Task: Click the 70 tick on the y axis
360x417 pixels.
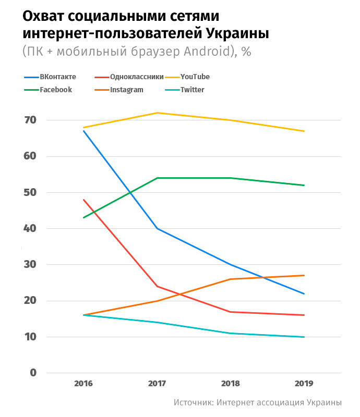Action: pyautogui.click(x=29, y=120)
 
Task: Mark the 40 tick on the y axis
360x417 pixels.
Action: pyautogui.click(x=29, y=229)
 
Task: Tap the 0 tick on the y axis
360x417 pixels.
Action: pyautogui.click(x=32, y=373)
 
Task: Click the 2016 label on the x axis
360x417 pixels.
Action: pyautogui.click(x=83, y=384)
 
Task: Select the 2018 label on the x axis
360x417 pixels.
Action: pyautogui.click(x=231, y=384)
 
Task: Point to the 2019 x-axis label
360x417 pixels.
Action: pyautogui.click(x=304, y=384)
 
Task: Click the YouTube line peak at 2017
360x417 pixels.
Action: pyautogui.click(x=157, y=113)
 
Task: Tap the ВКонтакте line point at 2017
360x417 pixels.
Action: pyautogui.click(x=157, y=229)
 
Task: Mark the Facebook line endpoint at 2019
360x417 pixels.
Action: pyautogui.click(x=304, y=185)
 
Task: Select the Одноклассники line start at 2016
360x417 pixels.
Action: pyautogui.click(x=83, y=200)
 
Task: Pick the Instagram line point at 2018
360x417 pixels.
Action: pyautogui.click(x=231, y=279)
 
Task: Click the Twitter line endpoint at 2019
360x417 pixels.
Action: pyautogui.click(x=304, y=337)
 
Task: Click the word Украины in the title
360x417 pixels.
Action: pyautogui.click(x=235, y=33)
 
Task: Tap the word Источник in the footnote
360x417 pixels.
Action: pyautogui.click(x=193, y=402)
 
